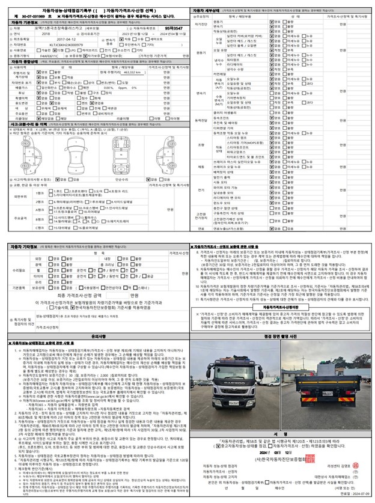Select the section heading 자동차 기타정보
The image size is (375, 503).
coord(25,247)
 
